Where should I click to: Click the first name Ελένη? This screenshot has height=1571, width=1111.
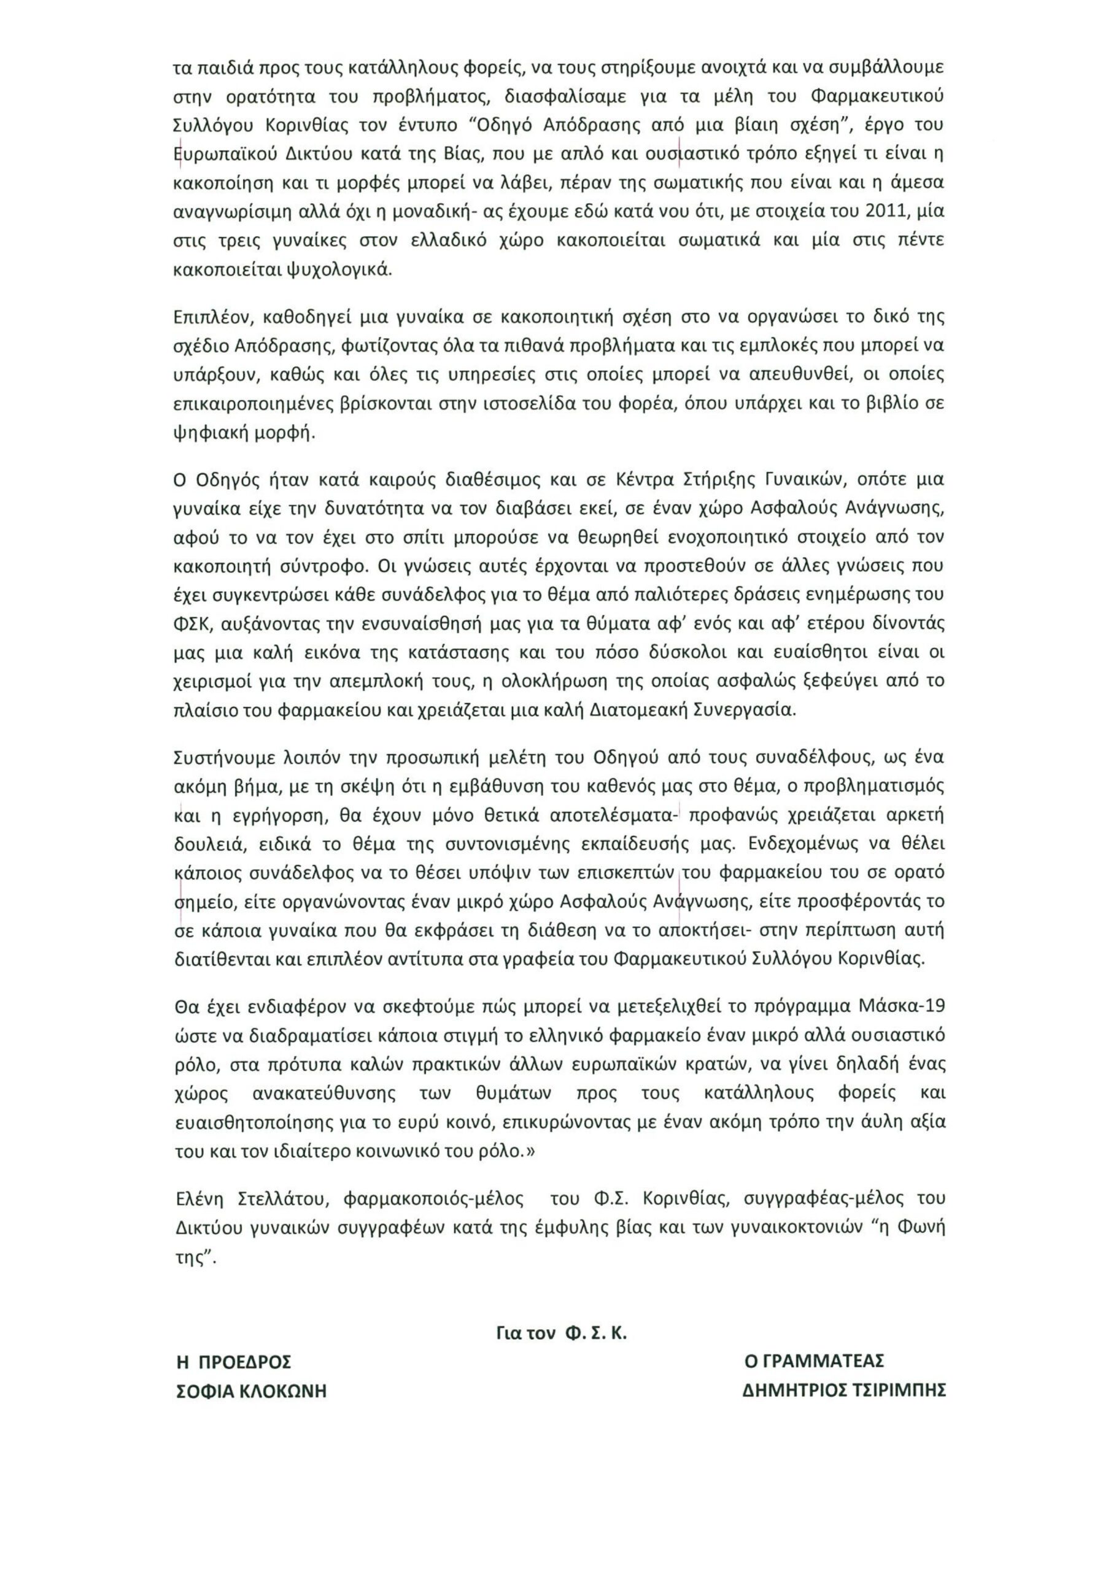coord(202,1199)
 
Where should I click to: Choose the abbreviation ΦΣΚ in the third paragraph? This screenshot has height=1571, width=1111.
coord(192,624)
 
